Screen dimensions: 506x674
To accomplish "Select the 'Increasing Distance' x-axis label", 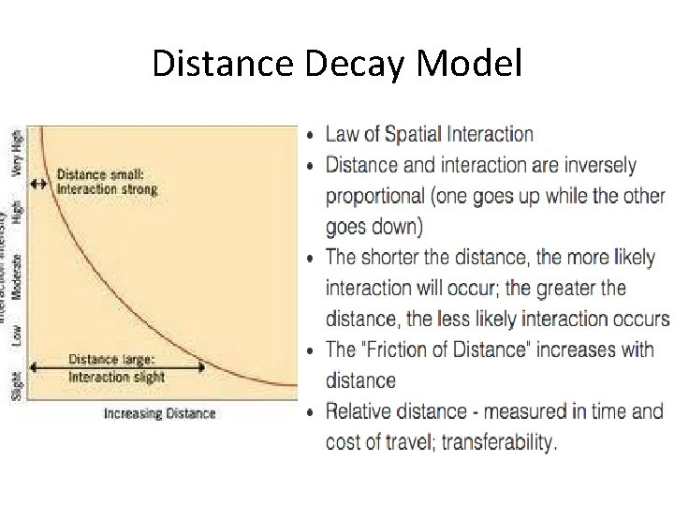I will tap(159, 413).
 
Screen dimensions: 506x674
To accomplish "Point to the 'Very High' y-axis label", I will tap(16, 151).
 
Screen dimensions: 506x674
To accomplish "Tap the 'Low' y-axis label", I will tap(16, 335).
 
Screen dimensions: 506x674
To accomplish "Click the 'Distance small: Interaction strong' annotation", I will tap(108, 181).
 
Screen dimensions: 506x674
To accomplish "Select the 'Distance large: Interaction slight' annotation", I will tap(117, 368).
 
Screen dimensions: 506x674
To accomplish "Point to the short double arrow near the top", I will tap(38, 184).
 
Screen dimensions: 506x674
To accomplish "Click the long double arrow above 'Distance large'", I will tap(118, 365).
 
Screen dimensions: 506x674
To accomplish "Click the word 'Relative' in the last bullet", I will tap(360, 411).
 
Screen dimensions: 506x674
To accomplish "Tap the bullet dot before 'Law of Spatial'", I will tap(312, 135).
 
